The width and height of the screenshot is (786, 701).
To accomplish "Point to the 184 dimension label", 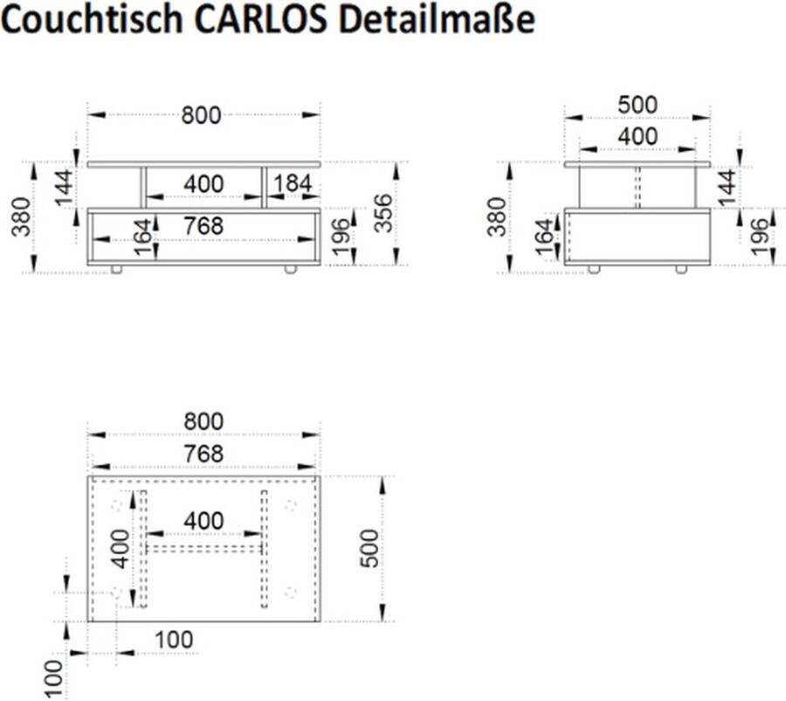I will pos(293,184).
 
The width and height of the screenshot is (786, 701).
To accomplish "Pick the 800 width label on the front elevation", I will pos(202,115).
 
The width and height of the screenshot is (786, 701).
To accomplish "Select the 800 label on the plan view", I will pos(203,421).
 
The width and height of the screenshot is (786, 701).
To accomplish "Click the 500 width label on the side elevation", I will pos(637,105).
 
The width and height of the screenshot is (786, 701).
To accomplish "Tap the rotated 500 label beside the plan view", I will pos(370,548).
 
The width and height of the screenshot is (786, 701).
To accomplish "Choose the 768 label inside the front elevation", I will pos(203,226).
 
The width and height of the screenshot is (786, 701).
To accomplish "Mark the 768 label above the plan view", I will pos(203,454).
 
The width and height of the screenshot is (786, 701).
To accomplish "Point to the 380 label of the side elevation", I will pos(497,217).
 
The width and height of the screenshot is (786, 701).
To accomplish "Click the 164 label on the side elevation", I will pos(544,238).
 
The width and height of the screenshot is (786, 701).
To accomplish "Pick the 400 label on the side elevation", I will pos(638,137).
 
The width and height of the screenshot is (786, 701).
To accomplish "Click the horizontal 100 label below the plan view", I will pos(174,640).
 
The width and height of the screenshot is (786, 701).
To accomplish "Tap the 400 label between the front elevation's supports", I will pos(203,184).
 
